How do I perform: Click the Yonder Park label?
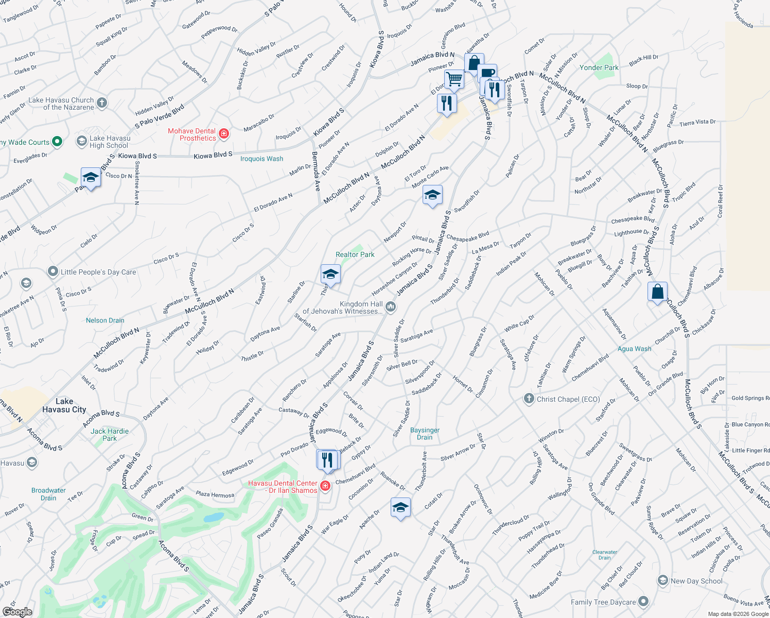[599, 67]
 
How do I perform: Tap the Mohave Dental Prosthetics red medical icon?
[224, 134]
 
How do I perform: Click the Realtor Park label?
[355, 254]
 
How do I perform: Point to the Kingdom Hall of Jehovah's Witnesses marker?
[391, 307]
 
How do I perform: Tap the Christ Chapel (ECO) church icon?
[529, 399]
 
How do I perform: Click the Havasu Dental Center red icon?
[325, 486]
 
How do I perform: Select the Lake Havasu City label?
[64, 405]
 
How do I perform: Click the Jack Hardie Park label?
[110, 435]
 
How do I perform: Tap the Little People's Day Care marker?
[52, 271]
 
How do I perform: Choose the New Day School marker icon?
[663, 581]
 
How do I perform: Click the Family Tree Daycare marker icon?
[643, 602]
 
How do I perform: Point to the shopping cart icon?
[454, 79]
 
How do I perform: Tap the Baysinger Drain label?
[425, 434]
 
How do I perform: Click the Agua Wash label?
[634, 349]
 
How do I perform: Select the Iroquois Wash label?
[261, 159]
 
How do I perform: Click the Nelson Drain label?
[105, 320]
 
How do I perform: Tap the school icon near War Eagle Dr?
[400, 508]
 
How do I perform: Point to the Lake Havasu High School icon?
[81, 141]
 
